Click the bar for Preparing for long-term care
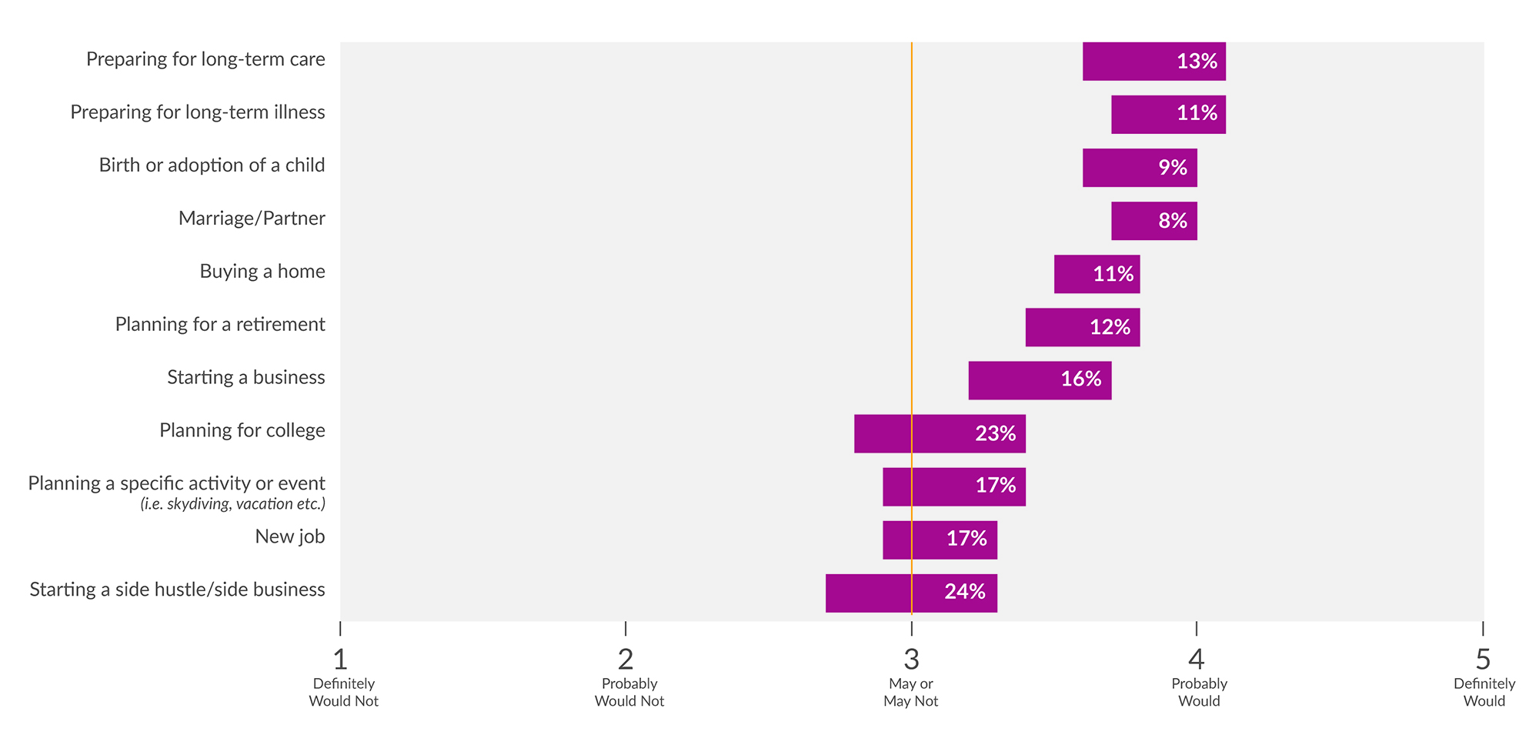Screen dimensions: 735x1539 click(1153, 62)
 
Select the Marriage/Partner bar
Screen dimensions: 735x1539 click(1153, 221)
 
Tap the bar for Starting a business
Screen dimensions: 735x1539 click(1039, 380)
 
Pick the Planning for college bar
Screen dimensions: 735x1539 click(939, 433)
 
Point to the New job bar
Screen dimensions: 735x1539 click(939, 540)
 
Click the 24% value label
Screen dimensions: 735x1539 click(965, 591)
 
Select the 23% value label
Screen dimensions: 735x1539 click(995, 433)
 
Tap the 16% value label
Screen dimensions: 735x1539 click(1081, 379)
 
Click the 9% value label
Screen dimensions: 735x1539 click(1173, 168)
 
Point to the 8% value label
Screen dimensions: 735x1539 click(1173, 221)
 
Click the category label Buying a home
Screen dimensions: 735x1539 click(262, 272)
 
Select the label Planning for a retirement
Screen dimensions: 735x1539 click(220, 325)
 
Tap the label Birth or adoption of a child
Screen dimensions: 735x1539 click(212, 165)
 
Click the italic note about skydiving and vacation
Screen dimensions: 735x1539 click(232, 504)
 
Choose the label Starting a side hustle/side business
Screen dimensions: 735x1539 click(177, 590)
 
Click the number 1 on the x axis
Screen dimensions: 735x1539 click(340, 660)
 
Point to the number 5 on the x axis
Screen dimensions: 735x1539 click(1483, 660)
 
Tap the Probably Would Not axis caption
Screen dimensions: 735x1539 click(629, 692)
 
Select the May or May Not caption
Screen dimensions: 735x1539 click(911, 692)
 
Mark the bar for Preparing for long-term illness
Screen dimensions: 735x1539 click(1168, 115)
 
